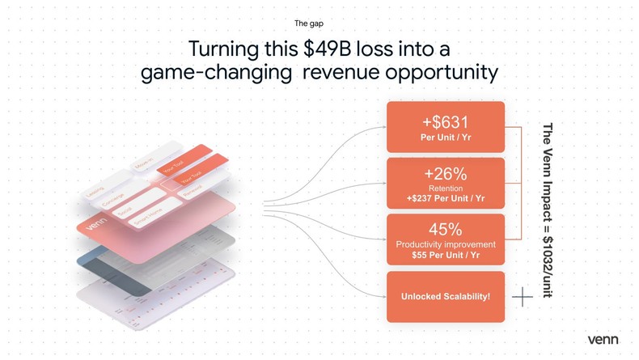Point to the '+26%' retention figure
(x=445, y=174)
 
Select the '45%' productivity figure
(x=445, y=230)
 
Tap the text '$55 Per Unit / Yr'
(x=445, y=255)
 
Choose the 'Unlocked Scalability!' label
(x=445, y=297)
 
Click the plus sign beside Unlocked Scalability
(x=523, y=297)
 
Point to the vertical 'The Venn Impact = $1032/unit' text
(x=547, y=211)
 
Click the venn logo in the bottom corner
(x=603, y=339)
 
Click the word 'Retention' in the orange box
(x=445, y=188)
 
